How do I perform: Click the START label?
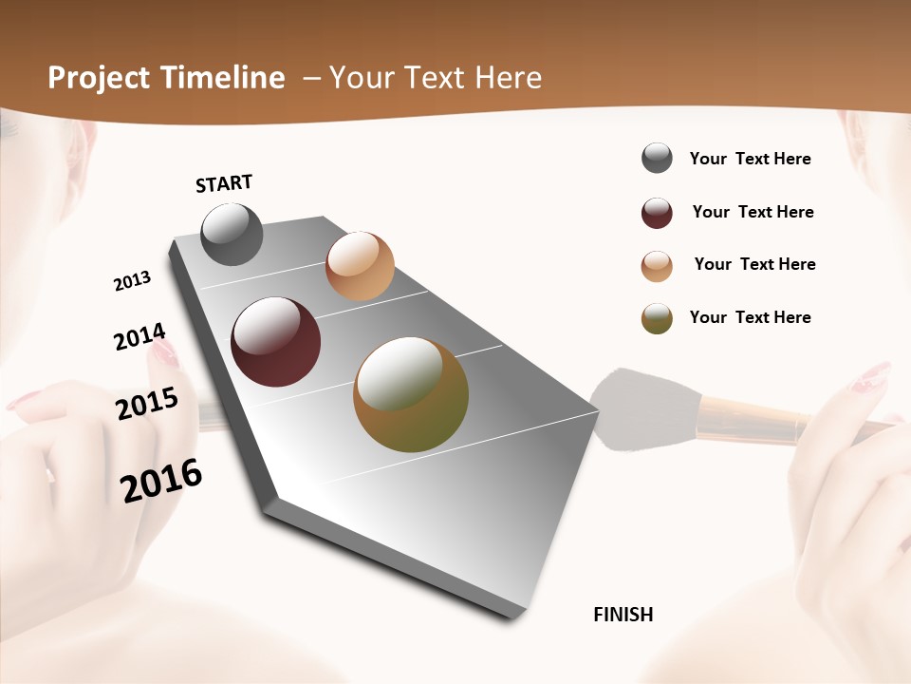click(224, 183)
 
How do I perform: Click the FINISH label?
click(623, 615)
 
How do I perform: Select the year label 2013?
click(133, 281)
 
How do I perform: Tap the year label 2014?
click(139, 336)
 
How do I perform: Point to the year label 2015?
click(147, 404)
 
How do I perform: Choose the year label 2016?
click(161, 480)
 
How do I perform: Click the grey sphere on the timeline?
click(232, 234)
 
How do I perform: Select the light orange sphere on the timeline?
click(360, 266)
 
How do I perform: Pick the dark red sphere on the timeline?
click(276, 342)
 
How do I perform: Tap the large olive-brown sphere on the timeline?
click(411, 394)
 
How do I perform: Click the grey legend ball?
click(657, 159)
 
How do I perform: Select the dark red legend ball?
click(657, 213)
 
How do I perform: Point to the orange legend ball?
click(657, 266)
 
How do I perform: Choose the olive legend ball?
click(657, 318)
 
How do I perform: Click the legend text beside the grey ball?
click(751, 160)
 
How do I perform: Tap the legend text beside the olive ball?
click(751, 317)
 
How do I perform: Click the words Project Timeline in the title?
click(166, 78)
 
